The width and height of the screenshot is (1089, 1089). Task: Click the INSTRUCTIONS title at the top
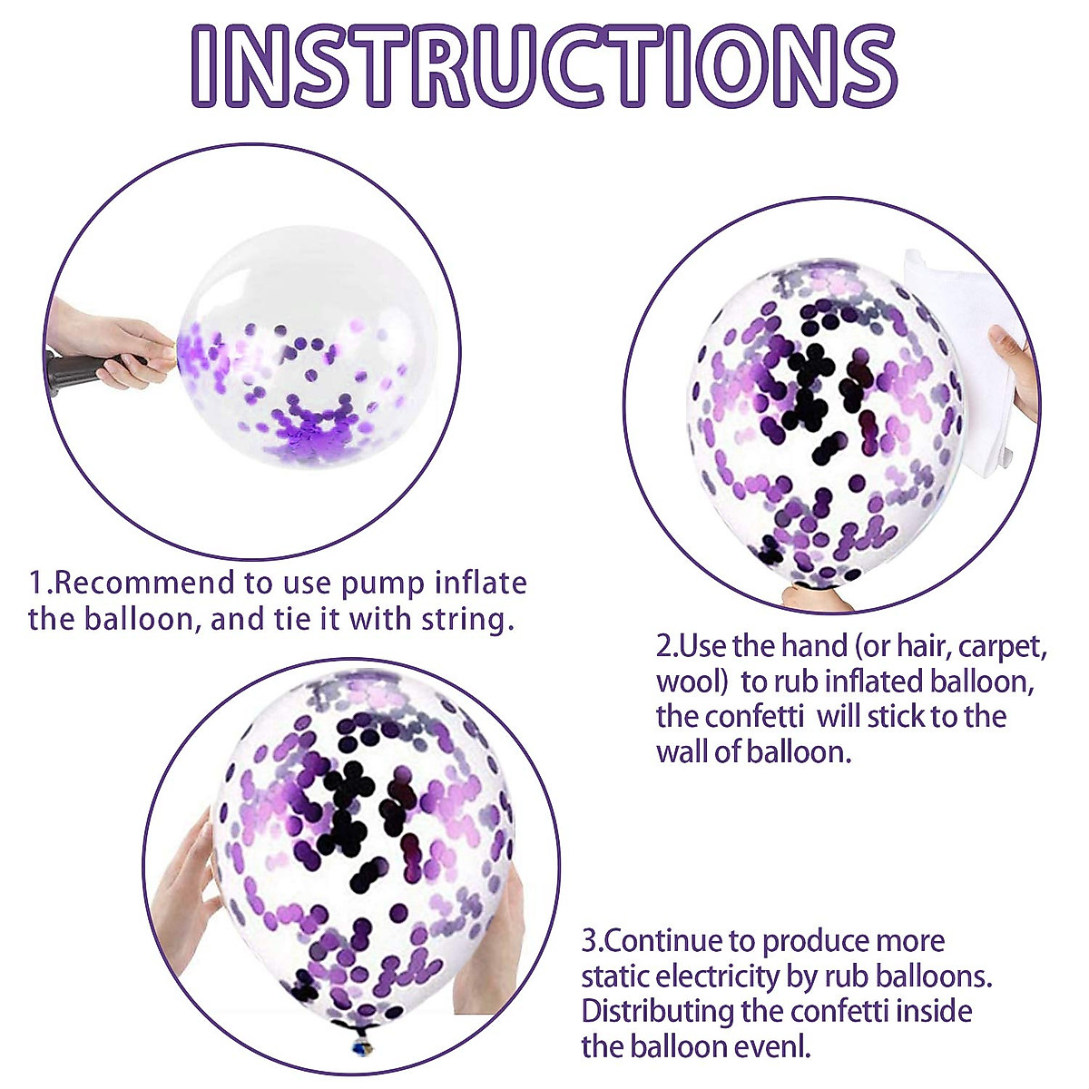(544, 64)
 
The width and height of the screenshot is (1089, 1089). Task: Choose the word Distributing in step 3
(658, 1011)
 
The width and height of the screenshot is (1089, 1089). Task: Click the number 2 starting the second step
(663, 648)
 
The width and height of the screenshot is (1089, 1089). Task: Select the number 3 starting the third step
(589, 941)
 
